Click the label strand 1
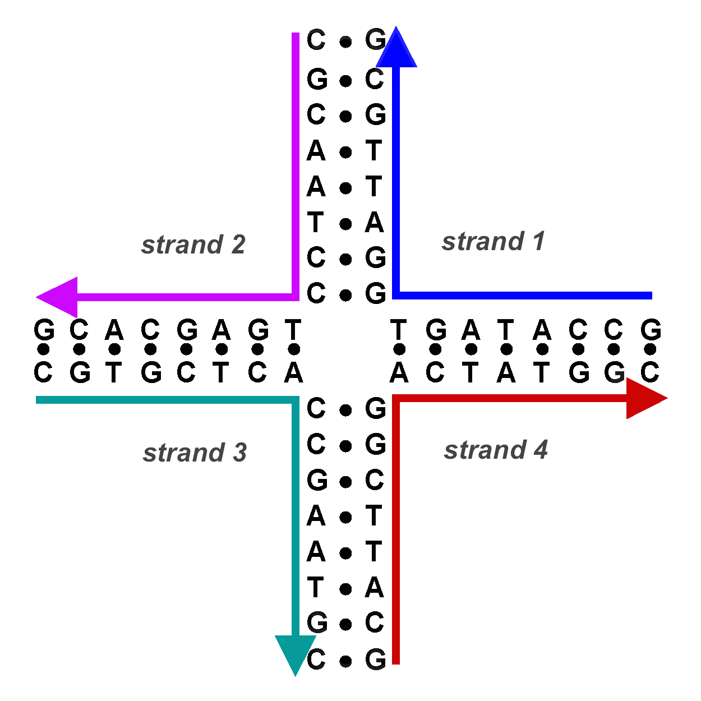tap(493, 242)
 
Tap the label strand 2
tap(193, 245)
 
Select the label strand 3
tap(195, 453)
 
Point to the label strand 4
tap(496, 450)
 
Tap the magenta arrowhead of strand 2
tap(57, 297)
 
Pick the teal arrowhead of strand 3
tap(296, 654)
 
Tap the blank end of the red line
tap(396, 661)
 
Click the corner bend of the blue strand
tap(396, 295)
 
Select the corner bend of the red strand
tap(396, 399)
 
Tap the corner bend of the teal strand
tap(296, 400)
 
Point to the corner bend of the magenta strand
tap(296, 297)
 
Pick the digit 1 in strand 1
tap(538, 242)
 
